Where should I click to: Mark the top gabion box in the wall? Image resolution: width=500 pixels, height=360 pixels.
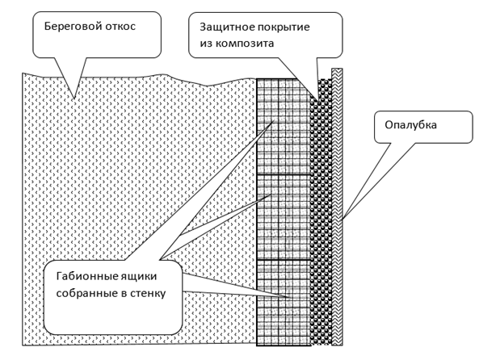pyautogui.click(x=283, y=125)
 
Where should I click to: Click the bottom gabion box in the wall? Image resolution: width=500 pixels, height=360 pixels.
pyautogui.click(x=283, y=303)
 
